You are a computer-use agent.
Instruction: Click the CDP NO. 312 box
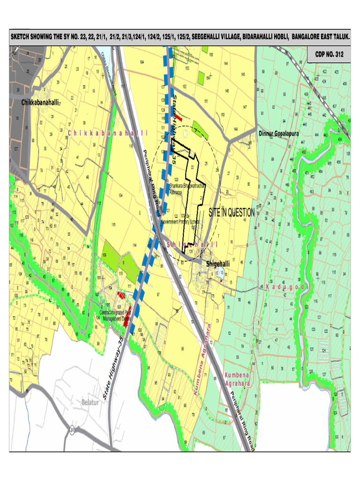pyautogui.click(x=329, y=54)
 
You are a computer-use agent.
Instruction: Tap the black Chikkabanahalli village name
pyautogui.click(x=40, y=102)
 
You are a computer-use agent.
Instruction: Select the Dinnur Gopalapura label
pyautogui.click(x=282, y=133)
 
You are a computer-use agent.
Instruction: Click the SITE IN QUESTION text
pyautogui.click(x=232, y=212)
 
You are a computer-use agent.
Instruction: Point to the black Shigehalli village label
pyautogui.click(x=218, y=264)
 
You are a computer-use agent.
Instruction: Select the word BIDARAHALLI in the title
pyautogui.click(x=262, y=36)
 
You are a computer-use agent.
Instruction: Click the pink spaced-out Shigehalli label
pyautogui.click(x=193, y=244)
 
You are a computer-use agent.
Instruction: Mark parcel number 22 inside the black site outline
pyautogui.click(x=192, y=167)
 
